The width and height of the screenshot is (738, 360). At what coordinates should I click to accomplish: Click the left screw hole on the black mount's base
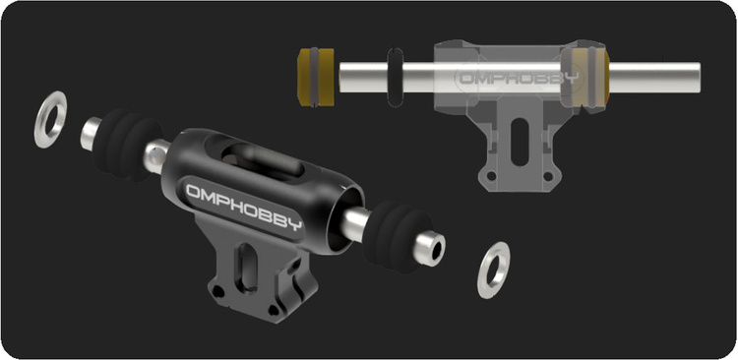click(217, 291)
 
